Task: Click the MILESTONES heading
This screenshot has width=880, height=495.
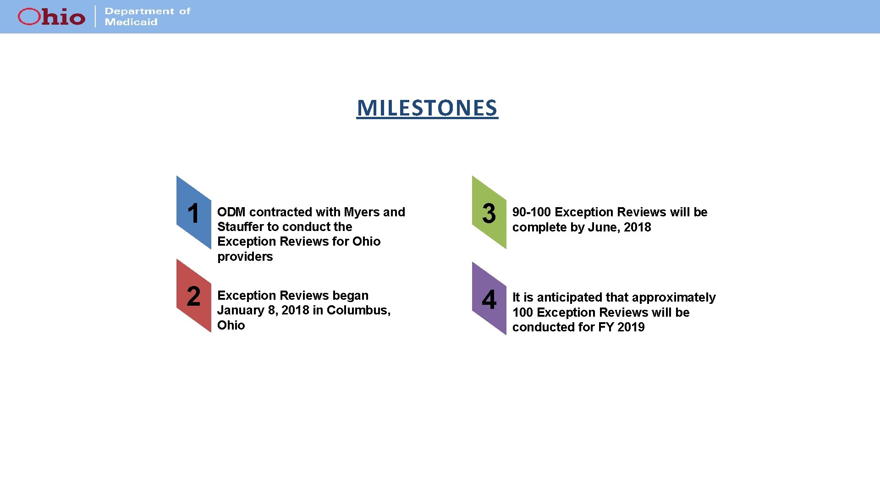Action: click(x=427, y=109)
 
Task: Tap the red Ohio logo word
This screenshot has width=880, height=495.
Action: click(x=51, y=17)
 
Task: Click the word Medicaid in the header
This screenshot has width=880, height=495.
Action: click(x=131, y=22)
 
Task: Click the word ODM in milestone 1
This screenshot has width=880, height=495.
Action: click(x=231, y=212)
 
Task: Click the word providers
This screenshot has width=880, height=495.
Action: click(x=245, y=257)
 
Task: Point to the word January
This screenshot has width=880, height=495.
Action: click(x=240, y=310)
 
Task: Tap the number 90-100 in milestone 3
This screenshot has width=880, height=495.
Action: click(x=531, y=212)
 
